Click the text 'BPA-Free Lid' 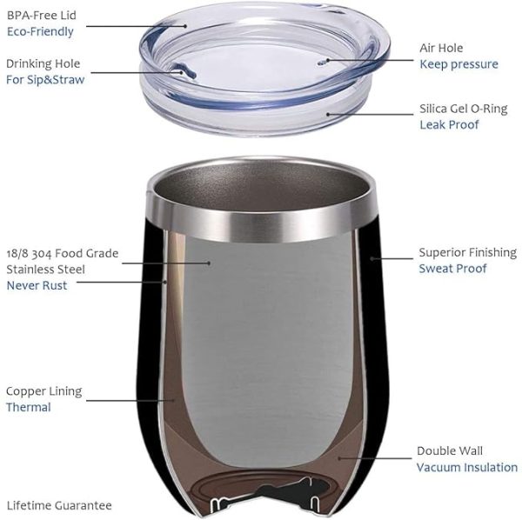(42, 16)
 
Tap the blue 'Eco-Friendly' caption (40, 32)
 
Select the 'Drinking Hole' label (43, 63)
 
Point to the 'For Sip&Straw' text (45, 80)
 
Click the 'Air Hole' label (441, 48)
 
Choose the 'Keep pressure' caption (458, 64)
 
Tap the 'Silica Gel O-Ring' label (464, 109)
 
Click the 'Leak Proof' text (449, 124)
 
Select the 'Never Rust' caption (37, 285)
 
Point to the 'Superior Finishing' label (468, 252)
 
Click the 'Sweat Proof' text (452, 269)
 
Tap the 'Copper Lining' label (44, 391)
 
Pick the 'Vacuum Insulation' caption (467, 468)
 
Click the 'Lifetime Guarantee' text (59, 506)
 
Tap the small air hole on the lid (322, 63)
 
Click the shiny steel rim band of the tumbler (262, 223)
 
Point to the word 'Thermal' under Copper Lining (29, 408)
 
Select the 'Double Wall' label (450, 451)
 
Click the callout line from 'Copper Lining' (130, 401)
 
